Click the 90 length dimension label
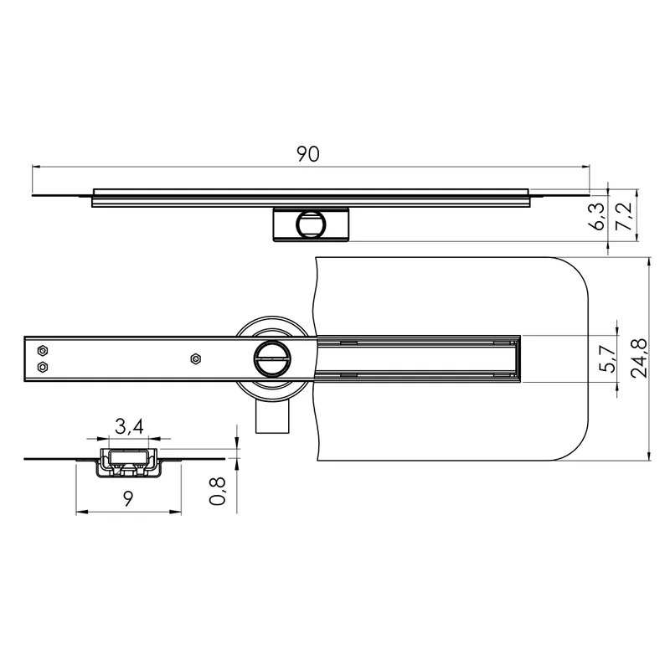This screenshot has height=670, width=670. [x=308, y=154]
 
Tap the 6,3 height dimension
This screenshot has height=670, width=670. [x=598, y=217]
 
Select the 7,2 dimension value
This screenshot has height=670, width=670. [x=623, y=217]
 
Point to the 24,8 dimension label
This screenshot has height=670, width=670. [x=640, y=358]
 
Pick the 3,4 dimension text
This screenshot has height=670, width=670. [x=129, y=426]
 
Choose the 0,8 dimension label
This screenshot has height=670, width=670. [x=218, y=492]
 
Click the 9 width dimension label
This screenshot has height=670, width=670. [x=128, y=498]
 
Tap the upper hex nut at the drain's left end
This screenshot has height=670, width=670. [x=43, y=351]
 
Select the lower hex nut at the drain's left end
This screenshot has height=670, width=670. [x=43, y=367]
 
